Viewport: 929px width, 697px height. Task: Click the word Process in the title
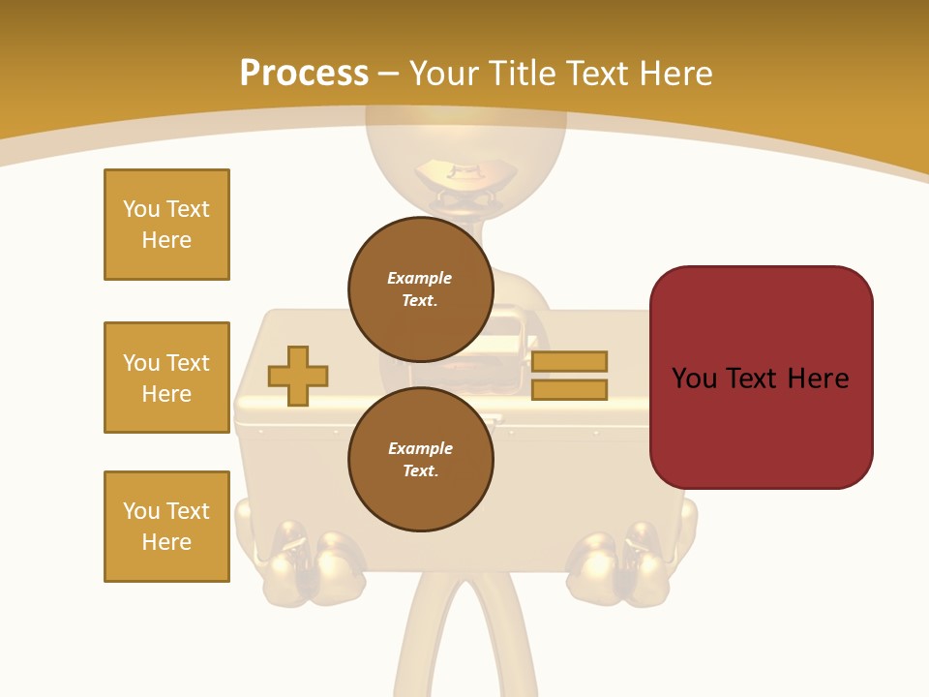304,74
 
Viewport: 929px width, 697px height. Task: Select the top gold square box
166,225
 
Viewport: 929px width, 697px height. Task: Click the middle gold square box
166,378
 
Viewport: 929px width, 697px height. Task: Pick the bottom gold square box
166,527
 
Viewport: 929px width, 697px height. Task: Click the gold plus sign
298,376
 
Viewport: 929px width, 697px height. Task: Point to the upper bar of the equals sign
569,361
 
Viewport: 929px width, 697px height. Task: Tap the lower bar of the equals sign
569,389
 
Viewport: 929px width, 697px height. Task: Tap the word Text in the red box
761,379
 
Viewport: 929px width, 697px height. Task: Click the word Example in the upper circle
419,278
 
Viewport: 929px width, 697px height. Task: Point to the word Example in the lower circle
420,448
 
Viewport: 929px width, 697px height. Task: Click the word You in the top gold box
140,209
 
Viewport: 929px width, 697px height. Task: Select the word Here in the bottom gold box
166,542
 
